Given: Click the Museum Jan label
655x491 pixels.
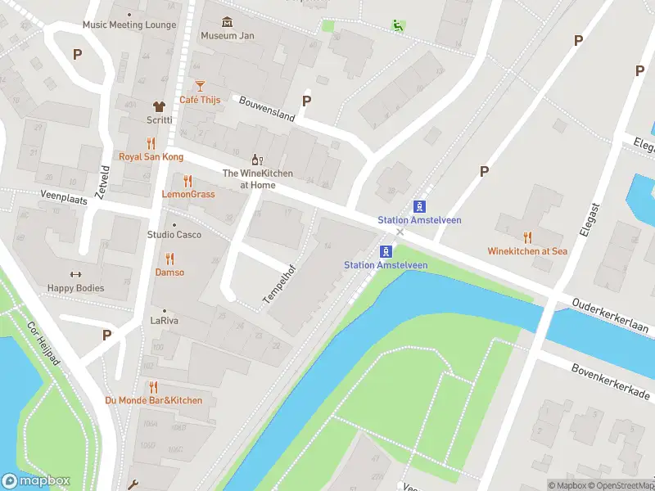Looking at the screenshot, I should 227,36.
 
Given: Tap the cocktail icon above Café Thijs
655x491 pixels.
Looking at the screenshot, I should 199,86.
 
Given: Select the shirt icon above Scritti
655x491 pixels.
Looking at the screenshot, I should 159,106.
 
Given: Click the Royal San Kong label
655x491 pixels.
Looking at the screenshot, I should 151,156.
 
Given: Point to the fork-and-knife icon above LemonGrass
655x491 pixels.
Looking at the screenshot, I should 188,181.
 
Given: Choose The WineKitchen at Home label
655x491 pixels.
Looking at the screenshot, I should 257,178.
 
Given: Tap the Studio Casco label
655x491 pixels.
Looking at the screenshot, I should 174,235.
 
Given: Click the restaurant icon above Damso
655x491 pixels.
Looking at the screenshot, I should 170,259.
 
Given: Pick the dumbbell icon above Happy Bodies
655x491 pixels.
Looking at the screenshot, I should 76,275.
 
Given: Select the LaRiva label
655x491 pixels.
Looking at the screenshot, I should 164,321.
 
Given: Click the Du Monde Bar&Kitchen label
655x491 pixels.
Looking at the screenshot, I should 153,400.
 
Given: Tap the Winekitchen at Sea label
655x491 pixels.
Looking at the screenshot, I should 527,251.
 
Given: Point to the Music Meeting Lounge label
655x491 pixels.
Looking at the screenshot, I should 129,25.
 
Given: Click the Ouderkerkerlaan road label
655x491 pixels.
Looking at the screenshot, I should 610,316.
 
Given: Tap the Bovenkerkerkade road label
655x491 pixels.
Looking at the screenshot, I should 610,382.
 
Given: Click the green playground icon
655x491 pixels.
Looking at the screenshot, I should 397,25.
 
